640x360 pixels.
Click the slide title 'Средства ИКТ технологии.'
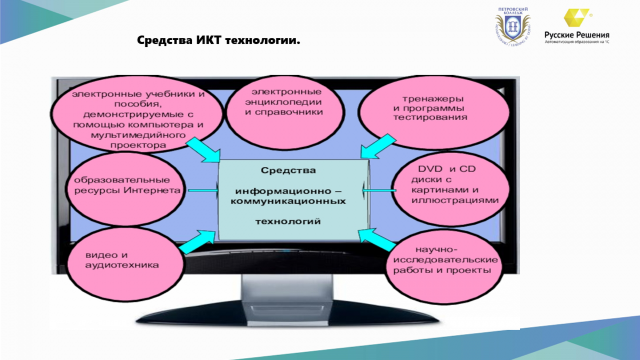(x=219, y=41)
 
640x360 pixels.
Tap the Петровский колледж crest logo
(x=513, y=27)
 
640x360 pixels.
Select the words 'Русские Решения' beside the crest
(x=577, y=35)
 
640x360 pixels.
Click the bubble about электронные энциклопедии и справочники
(x=285, y=113)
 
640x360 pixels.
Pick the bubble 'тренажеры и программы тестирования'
(x=434, y=113)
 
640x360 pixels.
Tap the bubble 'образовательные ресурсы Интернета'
(x=125, y=189)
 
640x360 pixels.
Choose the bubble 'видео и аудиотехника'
(x=125, y=265)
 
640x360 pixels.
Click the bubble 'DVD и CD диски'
(x=451, y=189)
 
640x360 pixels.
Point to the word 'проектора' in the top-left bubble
(x=138, y=146)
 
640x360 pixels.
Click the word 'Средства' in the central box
(x=289, y=171)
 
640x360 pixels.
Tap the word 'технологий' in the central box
(x=288, y=221)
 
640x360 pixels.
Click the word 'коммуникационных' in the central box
(x=288, y=201)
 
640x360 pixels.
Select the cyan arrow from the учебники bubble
(x=204, y=150)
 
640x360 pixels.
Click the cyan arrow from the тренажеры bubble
(x=378, y=146)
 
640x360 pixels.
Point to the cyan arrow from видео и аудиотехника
(x=197, y=242)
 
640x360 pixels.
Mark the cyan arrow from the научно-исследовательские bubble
(x=377, y=239)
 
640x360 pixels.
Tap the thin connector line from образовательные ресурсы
(x=203, y=190)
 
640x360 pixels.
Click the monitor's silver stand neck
(x=287, y=289)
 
